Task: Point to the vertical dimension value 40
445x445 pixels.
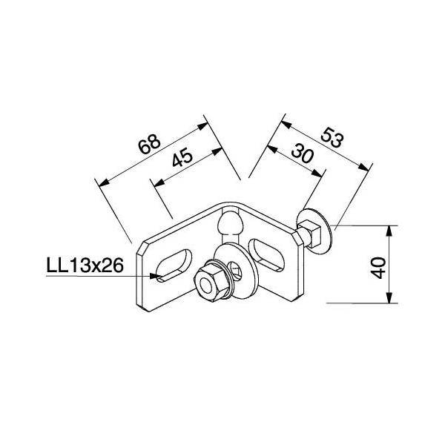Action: point(378,265)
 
